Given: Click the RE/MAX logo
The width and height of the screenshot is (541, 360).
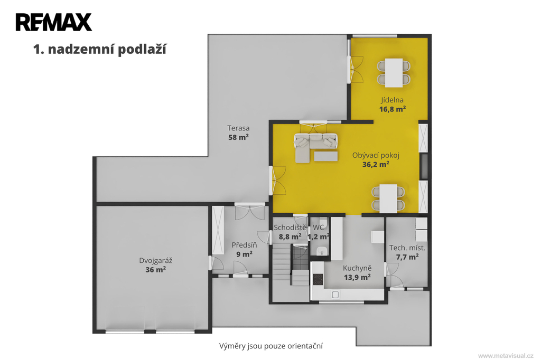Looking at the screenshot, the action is pyautogui.click(x=54, y=22).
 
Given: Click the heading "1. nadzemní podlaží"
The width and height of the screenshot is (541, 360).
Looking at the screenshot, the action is pyautogui.click(x=100, y=49).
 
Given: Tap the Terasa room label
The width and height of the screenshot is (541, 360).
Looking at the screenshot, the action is pyautogui.click(x=238, y=128).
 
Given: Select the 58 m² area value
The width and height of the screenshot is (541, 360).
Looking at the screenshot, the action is pyautogui.click(x=238, y=137).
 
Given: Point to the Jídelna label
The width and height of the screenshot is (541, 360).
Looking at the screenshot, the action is pyautogui.click(x=393, y=100).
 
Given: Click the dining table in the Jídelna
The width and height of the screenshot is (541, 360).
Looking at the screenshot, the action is pyautogui.click(x=394, y=73).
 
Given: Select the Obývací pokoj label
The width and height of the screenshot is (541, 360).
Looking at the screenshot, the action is pyautogui.click(x=376, y=155).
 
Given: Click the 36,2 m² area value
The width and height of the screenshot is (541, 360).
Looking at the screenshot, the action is pyautogui.click(x=376, y=165).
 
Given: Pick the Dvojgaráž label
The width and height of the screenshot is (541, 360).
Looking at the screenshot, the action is pyautogui.click(x=156, y=260).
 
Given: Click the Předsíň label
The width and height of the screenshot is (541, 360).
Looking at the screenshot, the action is pyautogui.click(x=244, y=245).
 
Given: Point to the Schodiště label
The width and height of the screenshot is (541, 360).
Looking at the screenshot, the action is pyautogui.click(x=290, y=228).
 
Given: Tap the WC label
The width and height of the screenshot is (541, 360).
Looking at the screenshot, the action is pyautogui.click(x=319, y=228).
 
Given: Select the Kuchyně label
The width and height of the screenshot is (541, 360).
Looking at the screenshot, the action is pyautogui.click(x=357, y=268).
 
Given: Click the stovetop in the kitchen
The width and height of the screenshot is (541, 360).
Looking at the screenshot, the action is pyautogui.click(x=318, y=279).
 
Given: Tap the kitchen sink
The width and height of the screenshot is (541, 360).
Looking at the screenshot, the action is pyautogui.click(x=335, y=295).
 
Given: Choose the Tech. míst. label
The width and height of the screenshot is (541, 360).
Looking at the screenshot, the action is pyautogui.click(x=407, y=248).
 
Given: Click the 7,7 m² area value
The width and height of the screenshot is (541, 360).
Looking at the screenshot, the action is pyautogui.click(x=407, y=257).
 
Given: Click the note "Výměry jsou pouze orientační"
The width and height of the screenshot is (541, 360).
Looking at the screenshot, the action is pyautogui.click(x=271, y=346).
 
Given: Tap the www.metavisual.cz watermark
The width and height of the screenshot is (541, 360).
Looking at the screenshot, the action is pyautogui.click(x=506, y=356).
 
